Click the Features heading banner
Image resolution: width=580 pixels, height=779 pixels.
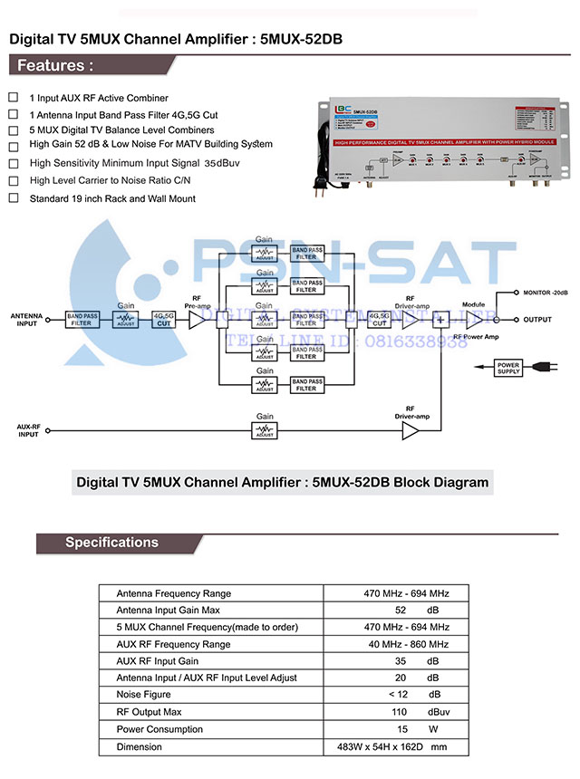[x=54, y=66]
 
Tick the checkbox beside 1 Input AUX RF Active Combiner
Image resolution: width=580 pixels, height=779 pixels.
[x=13, y=97]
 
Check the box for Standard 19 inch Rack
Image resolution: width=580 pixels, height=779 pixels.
[x=13, y=197]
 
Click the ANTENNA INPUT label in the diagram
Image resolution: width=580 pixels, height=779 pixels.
[x=27, y=320]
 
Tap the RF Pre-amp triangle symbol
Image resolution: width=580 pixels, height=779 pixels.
[x=196, y=321]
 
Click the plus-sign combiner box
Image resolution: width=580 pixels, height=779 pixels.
[x=441, y=320]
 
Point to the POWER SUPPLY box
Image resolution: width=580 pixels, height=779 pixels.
[x=508, y=368]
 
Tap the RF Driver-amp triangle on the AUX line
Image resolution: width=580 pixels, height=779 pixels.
[x=411, y=430]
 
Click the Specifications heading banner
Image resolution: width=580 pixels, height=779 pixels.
[x=111, y=543]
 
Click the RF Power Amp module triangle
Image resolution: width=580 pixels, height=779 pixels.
[x=474, y=320]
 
